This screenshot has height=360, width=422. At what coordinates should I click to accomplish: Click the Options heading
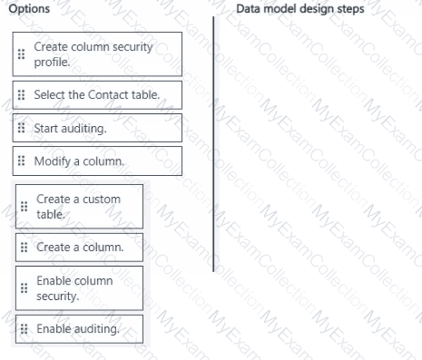click(x=29, y=9)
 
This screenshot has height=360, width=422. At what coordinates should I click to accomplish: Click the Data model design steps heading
click(x=300, y=9)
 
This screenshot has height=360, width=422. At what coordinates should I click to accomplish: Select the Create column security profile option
click(x=97, y=54)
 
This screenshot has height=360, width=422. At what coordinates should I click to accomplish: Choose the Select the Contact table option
click(x=97, y=95)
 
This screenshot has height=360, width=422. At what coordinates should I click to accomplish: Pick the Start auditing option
click(x=97, y=128)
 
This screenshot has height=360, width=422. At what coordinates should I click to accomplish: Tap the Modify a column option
click(x=97, y=161)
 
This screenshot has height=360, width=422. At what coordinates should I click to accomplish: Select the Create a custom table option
click(x=79, y=207)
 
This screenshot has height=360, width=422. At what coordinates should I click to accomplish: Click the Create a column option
click(x=79, y=248)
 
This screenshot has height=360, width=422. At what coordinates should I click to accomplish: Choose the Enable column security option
click(x=79, y=288)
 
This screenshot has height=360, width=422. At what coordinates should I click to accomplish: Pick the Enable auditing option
click(x=79, y=329)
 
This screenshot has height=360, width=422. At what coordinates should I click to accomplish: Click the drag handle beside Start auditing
click(x=21, y=128)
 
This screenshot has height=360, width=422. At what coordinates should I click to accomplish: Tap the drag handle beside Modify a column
click(x=21, y=161)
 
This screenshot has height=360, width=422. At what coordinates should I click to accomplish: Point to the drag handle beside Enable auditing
click(x=24, y=328)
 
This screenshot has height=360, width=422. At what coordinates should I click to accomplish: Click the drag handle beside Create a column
click(x=24, y=248)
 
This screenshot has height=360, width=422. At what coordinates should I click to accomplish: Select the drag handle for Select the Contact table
click(x=21, y=95)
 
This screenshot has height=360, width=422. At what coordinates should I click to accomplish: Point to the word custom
click(x=102, y=199)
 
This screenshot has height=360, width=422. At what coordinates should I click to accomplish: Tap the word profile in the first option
click(x=52, y=63)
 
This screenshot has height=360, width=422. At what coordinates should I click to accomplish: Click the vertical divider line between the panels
click(x=213, y=144)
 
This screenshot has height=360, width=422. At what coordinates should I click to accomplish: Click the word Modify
click(x=52, y=161)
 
